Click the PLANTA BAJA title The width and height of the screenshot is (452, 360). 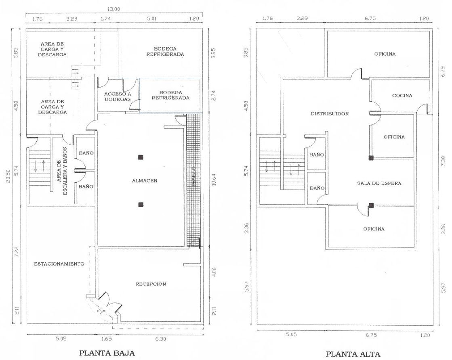tap(107, 353)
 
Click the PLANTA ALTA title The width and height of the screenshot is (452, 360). tap(353, 354)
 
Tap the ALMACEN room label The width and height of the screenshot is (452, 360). tap(145, 181)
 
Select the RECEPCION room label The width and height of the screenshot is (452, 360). tap(151, 284)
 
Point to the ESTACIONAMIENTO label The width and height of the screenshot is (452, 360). tap(59, 264)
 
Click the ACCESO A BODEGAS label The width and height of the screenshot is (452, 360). tap(117, 96)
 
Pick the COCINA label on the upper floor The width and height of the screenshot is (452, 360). tap(402, 96)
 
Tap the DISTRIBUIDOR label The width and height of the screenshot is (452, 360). tap(330, 114)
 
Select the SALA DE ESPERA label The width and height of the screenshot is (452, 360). tap(379, 183)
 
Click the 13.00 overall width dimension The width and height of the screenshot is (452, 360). tap(114, 9)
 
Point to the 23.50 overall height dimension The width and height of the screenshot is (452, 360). tap(8, 176)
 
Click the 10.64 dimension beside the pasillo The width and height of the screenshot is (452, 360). tap(214, 180)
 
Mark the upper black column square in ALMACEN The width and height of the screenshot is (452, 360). tap(141, 157)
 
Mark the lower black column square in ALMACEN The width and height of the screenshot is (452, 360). tap(141, 205)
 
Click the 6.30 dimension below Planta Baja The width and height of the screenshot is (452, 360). tap(161, 339)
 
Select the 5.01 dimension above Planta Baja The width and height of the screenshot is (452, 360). tap(151, 19)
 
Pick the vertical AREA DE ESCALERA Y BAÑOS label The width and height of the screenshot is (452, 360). tap(62, 171)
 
